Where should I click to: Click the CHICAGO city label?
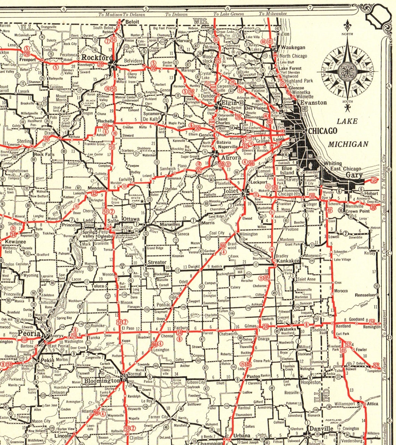point(322,131)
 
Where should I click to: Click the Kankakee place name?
point(288,261)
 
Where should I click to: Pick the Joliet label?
point(231,191)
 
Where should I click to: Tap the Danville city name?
point(321,429)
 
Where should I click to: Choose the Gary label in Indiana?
point(354,175)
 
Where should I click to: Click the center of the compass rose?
point(347,67)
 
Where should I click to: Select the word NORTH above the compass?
point(347,34)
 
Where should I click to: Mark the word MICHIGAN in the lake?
point(348,144)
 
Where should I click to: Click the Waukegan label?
point(293,48)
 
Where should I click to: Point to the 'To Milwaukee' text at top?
point(272,14)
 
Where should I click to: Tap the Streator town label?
point(157,262)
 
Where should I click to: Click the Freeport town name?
point(27,60)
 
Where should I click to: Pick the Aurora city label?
point(231,157)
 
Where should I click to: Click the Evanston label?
point(314,103)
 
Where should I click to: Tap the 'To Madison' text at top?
point(110,15)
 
